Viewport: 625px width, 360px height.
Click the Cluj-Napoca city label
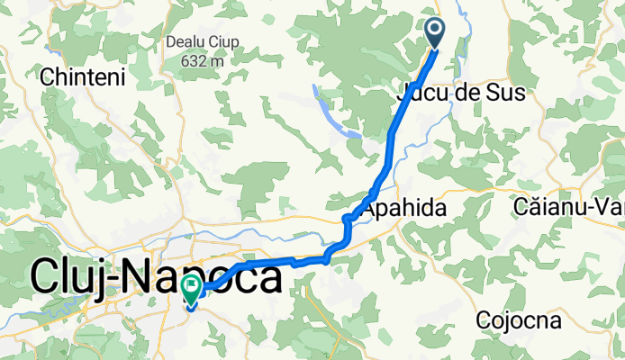coord(155,275)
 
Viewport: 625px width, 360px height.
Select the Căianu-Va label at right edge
coord(569,208)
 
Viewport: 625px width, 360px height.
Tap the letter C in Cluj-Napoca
coord(46,275)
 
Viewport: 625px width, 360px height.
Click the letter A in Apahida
coord(368,208)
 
